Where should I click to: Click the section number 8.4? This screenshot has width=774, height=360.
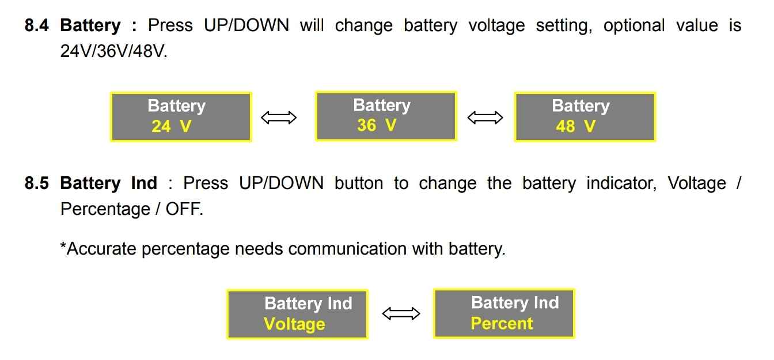click(36, 26)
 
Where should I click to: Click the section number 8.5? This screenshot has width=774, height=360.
click(36, 184)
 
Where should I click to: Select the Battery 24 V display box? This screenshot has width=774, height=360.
click(181, 117)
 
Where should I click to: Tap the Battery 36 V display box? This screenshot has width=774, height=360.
click(386, 116)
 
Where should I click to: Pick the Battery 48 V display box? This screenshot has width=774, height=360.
click(585, 117)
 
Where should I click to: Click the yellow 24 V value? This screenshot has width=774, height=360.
click(171, 127)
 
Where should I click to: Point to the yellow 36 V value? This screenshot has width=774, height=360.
click(377, 126)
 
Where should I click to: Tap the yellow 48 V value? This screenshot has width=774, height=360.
click(575, 127)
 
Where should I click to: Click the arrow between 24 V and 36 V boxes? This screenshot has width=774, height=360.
click(279, 118)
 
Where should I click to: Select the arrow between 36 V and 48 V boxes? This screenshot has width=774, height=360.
click(485, 118)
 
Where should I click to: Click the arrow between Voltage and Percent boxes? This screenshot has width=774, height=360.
click(401, 314)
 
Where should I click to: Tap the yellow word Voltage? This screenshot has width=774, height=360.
click(294, 324)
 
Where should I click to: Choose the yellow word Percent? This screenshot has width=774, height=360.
click(502, 324)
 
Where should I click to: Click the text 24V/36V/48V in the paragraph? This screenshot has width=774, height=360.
click(114, 51)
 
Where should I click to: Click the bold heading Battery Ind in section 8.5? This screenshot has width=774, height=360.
click(108, 184)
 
